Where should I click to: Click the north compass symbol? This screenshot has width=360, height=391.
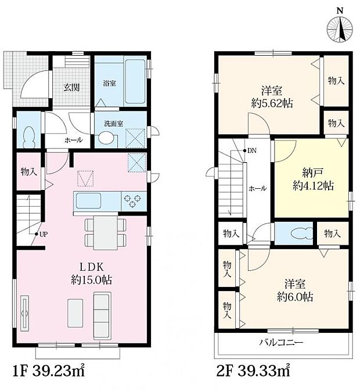[340, 27]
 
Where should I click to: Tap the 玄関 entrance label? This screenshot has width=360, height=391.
[71, 87]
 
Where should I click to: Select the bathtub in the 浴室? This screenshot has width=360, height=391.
[135, 81]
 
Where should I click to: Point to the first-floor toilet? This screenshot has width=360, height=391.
[29, 137]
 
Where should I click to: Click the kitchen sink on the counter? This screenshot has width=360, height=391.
[88, 201]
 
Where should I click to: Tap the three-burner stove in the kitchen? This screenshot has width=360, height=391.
[132, 201]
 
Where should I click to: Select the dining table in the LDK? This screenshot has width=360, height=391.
[105, 232]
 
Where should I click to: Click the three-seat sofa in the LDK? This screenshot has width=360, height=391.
[102, 315]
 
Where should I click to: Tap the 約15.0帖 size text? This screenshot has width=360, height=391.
[91, 280]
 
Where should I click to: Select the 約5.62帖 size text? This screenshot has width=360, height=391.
[272, 103]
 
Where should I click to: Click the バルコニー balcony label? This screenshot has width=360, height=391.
[281, 342]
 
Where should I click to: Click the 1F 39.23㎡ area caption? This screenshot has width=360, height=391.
[49, 371]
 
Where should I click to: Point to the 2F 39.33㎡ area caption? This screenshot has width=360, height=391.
[253, 371]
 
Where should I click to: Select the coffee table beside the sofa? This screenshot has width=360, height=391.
[75, 313]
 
